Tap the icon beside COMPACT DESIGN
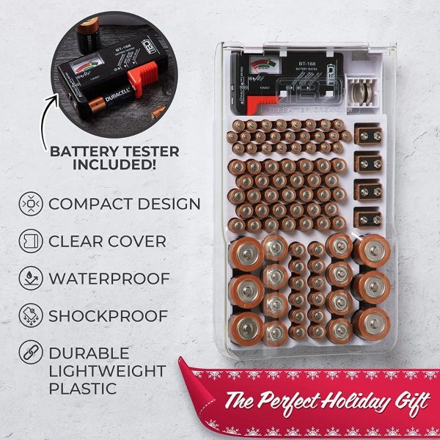pos(32,203)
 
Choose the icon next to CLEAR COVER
pos(32,241)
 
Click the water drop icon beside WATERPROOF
pos(32,279)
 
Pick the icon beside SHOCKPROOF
pos(32,316)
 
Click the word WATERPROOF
pos(109,279)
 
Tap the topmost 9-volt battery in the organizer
pos(367,135)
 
